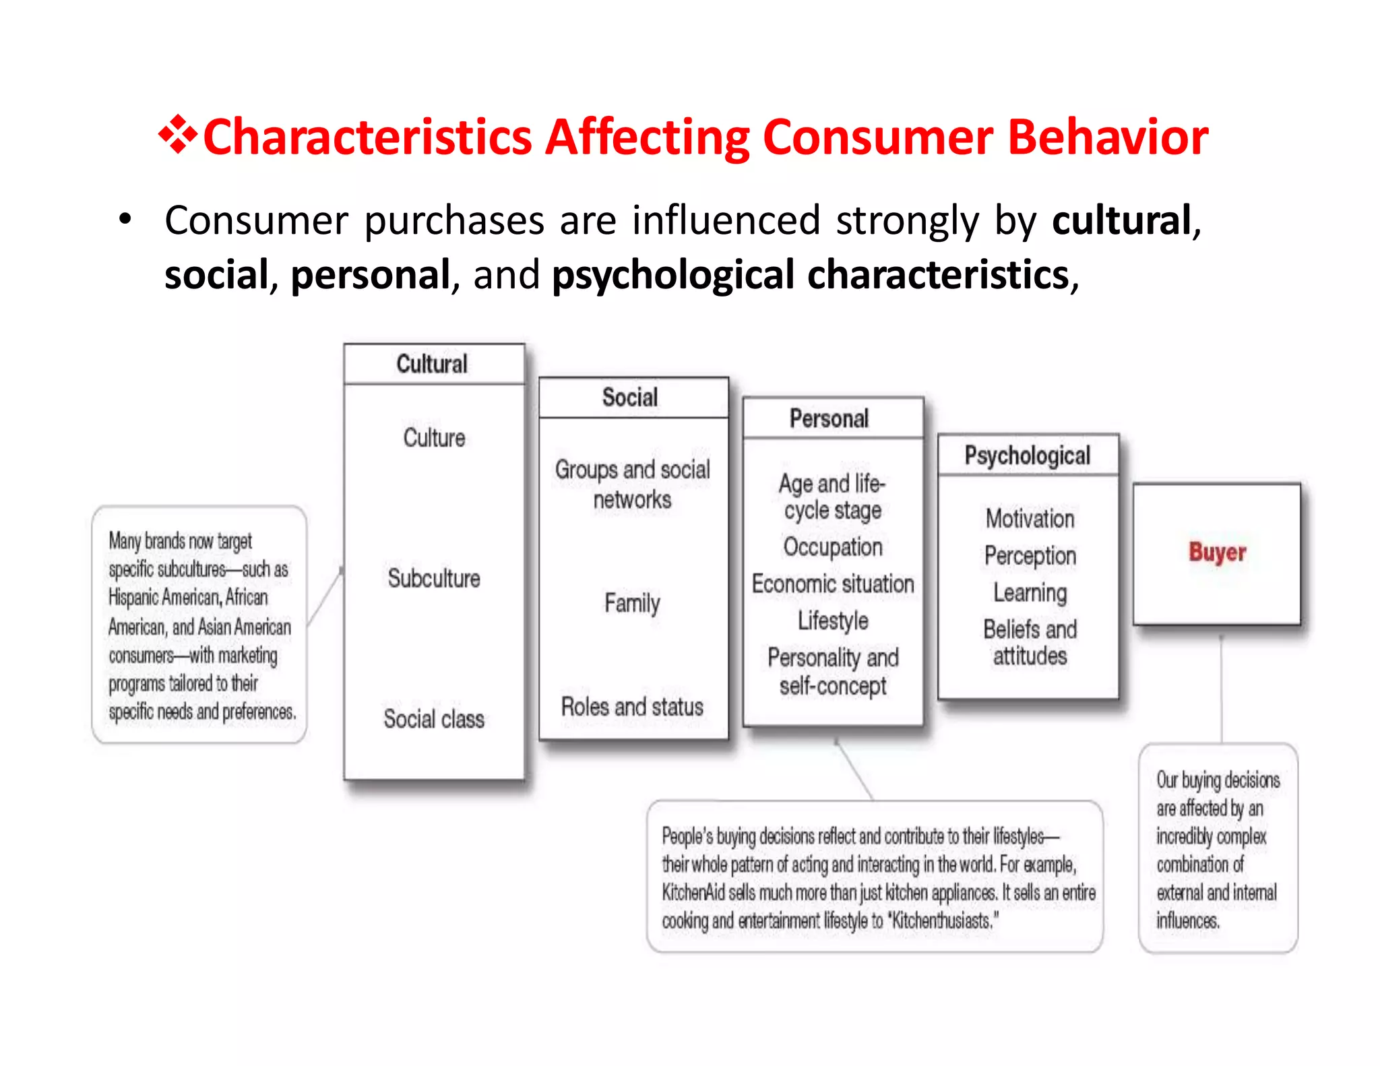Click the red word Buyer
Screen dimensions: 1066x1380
[1217, 553]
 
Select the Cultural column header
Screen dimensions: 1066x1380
[432, 365]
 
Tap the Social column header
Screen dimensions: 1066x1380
[630, 398]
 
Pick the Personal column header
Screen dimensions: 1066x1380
[829, 418]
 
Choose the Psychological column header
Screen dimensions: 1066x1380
[1028, 456]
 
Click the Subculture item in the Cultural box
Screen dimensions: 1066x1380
[434, 578]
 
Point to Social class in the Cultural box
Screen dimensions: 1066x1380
[434, 719]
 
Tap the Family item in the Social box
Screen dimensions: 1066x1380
[632, 603]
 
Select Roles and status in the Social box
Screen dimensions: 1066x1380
[632, 707]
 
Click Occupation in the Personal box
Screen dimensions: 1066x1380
[833, 547]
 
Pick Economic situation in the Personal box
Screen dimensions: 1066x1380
[833, 584]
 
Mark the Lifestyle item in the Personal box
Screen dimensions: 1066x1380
[833, 621]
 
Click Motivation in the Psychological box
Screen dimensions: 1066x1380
[1030, 519]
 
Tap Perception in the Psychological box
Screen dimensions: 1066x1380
[1030, 556]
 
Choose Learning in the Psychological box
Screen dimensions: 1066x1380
[1030, 593]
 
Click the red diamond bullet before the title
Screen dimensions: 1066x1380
[178, 135]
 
